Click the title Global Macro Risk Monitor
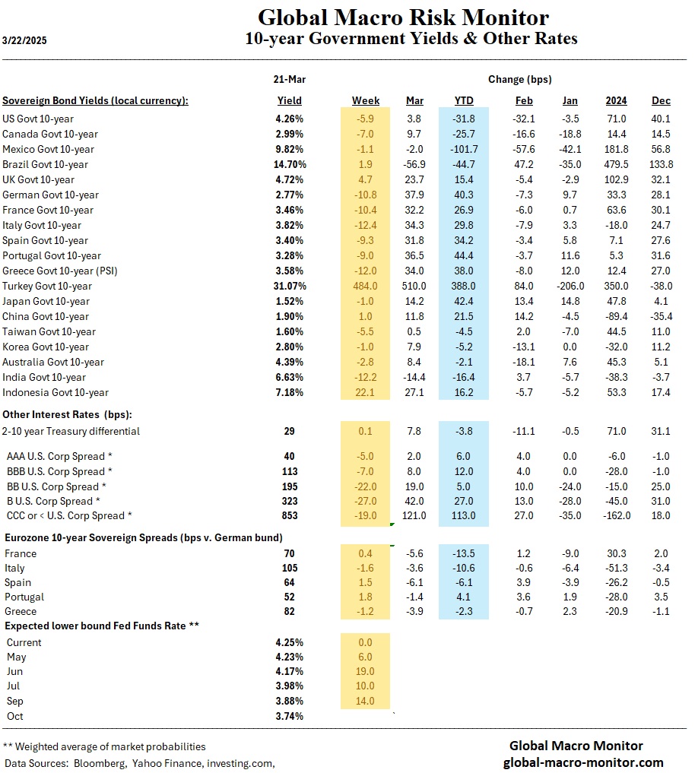click(403, 17)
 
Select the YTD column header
click(464, 100)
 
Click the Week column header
click(366, 100)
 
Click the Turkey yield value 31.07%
click(289, 286)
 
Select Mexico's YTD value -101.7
click(464, 149)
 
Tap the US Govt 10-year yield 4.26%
click(289, 119)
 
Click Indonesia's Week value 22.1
click(366, 392)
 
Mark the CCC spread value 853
click(289, 516)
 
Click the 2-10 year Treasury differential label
click(71, 431)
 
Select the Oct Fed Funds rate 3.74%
click(289, 716)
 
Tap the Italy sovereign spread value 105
click(289, 568)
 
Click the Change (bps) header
click(520, 79)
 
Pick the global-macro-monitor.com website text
click(583, 762)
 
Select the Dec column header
click(662, 100)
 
